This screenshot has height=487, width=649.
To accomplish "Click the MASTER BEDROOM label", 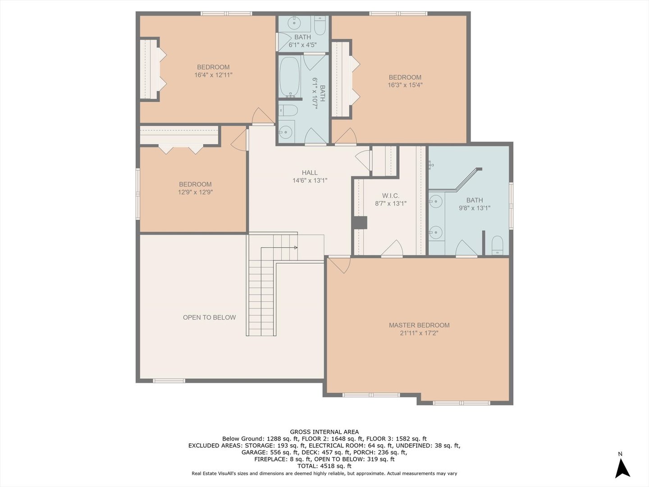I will [419, 325].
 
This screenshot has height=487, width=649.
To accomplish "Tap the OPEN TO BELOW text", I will [209, 317].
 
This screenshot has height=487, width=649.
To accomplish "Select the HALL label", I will [310, 173].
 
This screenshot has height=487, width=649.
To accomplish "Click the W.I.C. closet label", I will [390, 196].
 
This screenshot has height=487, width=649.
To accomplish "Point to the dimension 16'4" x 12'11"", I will [213, 75].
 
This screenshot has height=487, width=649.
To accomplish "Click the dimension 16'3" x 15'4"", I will [405, 85].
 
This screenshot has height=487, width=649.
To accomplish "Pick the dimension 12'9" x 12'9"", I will [195, 192].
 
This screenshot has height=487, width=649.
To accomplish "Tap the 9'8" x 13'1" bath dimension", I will [474, 208].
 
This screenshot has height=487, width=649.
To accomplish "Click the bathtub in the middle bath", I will [289, 77].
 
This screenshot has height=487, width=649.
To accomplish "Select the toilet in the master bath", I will [497, 245].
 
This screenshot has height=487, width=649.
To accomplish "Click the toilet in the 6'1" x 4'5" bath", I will [320, 26].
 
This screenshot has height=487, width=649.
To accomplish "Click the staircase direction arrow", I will [295, 248].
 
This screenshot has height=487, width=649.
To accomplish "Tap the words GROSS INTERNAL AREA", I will [324, 432].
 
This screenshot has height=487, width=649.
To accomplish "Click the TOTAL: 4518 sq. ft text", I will [324, 466].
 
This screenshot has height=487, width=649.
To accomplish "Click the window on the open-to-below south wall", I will [169, 381].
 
